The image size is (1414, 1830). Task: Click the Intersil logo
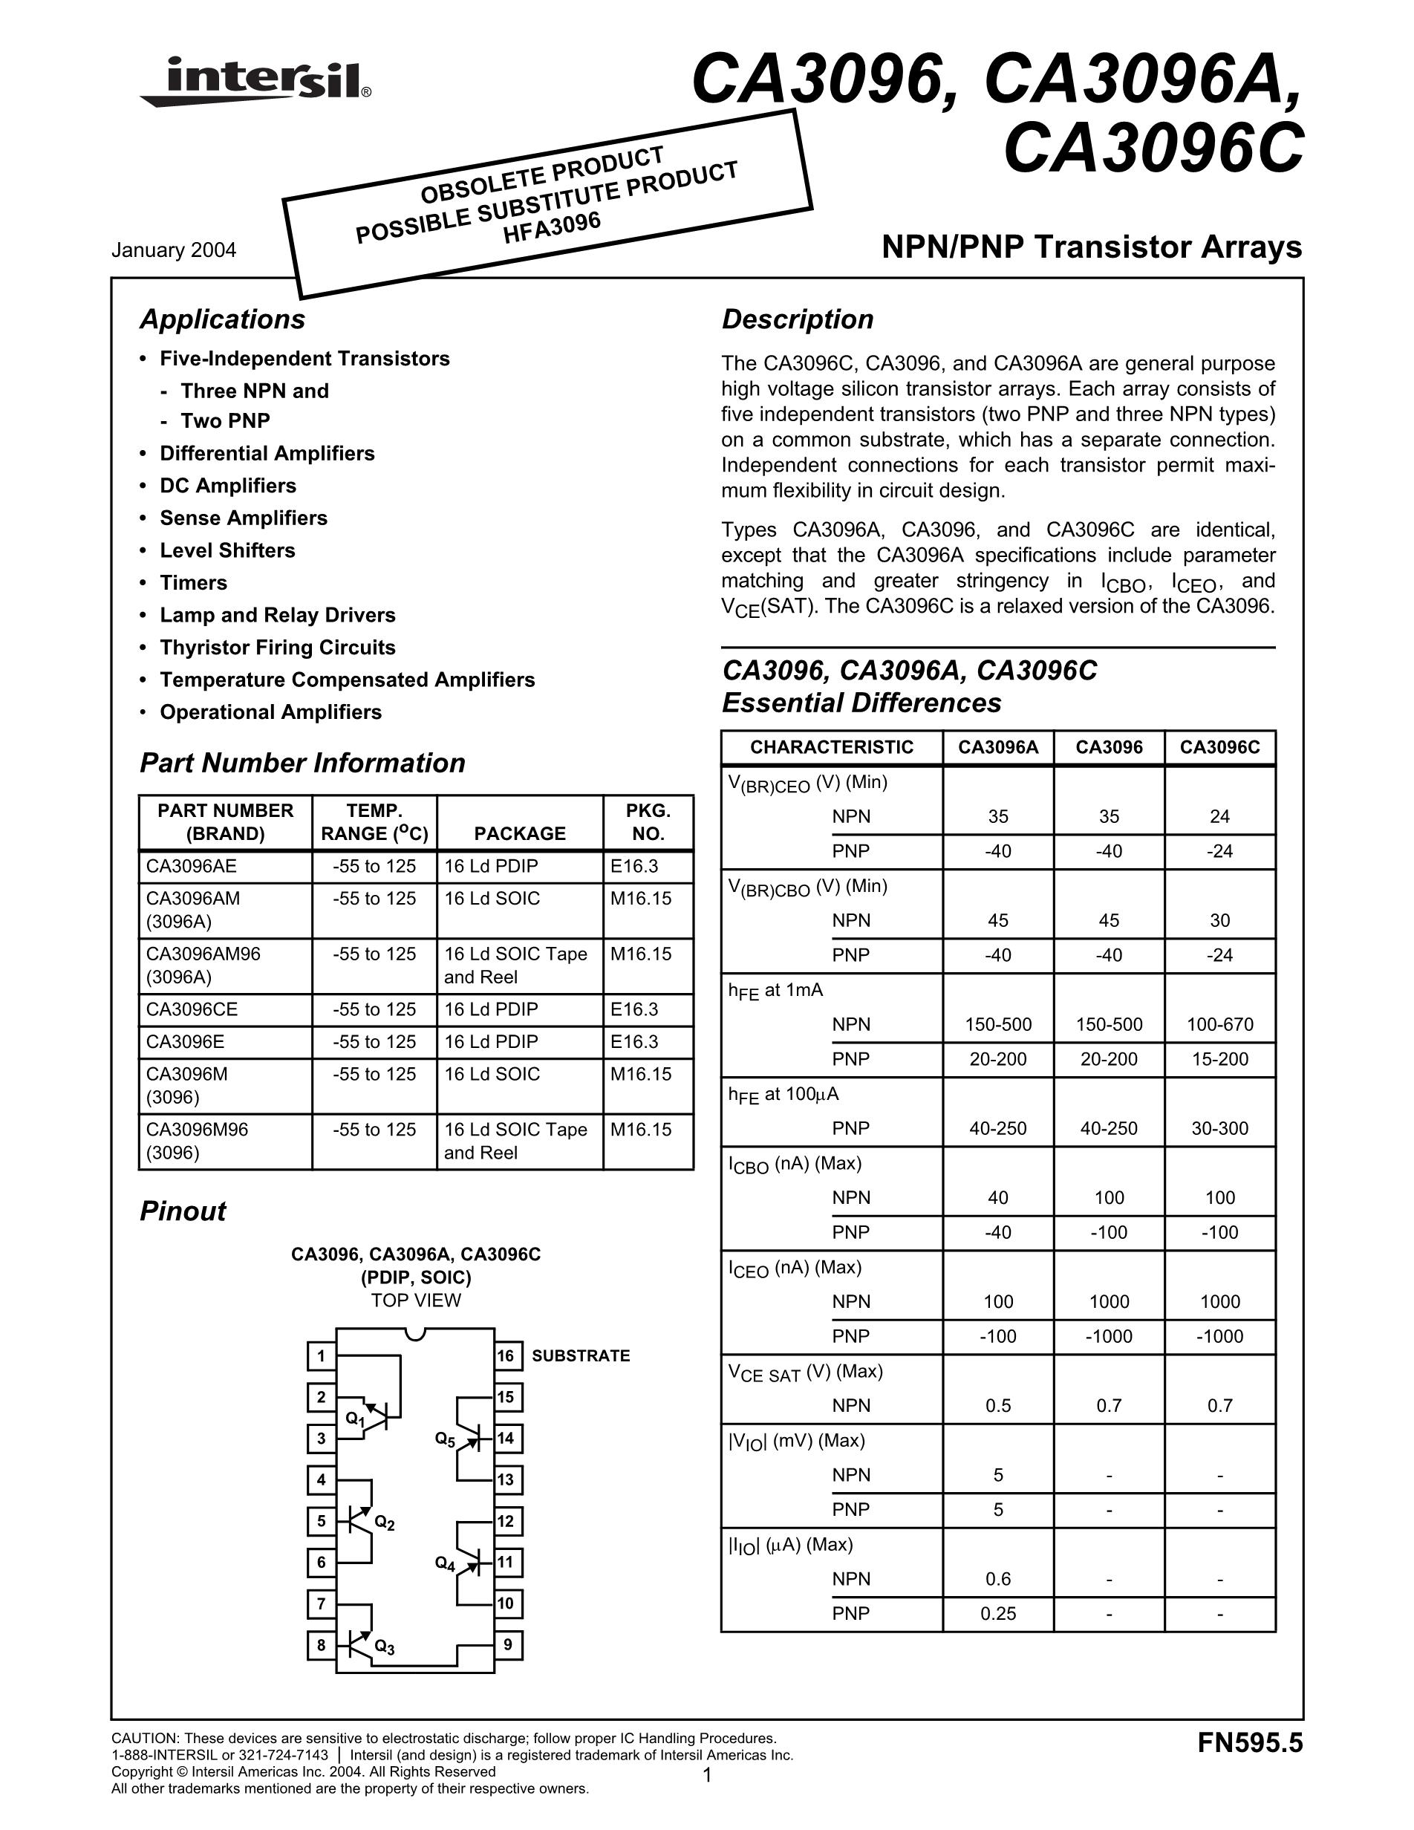coord(255,81)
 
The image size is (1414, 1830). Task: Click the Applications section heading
coord(222,319)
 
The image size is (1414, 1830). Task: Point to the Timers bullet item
coord(194,582)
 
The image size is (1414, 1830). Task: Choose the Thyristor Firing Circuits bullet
coord(277,647)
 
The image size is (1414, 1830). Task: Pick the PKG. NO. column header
coord(648,822)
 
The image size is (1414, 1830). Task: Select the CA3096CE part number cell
coord(192,1009)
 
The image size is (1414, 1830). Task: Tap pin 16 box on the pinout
coord(506,1355)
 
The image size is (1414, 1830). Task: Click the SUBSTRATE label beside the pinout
coord(581,1355)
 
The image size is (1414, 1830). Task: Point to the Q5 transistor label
coord(445,1439)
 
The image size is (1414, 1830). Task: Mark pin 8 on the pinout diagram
coord(321,1645)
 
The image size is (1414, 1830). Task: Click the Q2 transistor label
coord(385,1523)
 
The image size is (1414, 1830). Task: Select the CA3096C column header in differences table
coord(1219,747)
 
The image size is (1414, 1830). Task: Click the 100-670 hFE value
coord(1219,1024)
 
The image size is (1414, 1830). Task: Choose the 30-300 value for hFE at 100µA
coord(1219,1128)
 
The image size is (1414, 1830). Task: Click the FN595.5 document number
coord(1250,1743)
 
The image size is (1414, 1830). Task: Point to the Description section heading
coord(798,319)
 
